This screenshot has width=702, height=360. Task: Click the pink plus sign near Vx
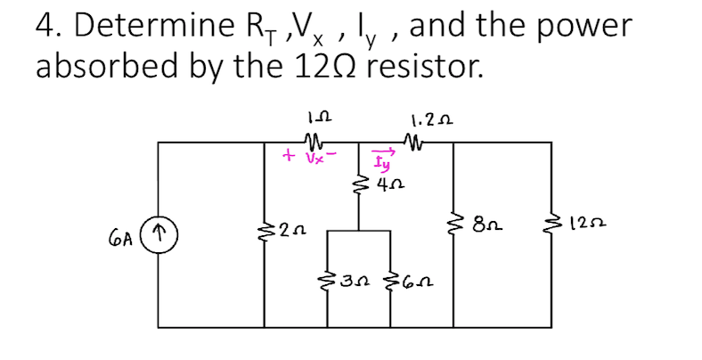tap(288, 156)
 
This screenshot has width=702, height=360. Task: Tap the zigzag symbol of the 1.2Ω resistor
tap(413, 139)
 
